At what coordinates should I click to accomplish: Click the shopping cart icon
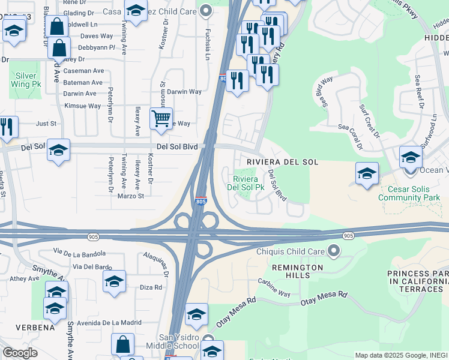point(161,118)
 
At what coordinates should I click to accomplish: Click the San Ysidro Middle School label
point(178,341)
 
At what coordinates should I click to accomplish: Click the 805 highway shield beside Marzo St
point(200,202)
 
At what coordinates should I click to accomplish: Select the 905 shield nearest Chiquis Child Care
point(348,236)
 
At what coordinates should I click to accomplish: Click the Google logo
point(19,353)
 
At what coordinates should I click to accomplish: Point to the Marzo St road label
point(131,196)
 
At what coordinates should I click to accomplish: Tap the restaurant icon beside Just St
point(7,127)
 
